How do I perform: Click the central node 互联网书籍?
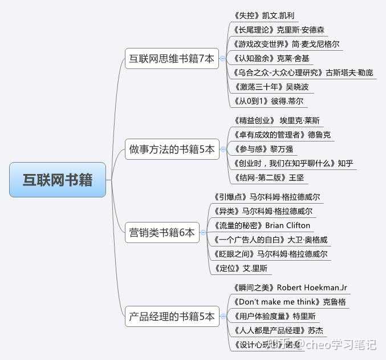pyautogui.click(x=58, y=180)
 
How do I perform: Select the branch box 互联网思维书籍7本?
pyautogui.click(x=172, y=59)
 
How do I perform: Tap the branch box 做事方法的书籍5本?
pyautogui.click(x=172, y=150)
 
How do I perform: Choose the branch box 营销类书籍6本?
pyautogui.click(x=162, y=232)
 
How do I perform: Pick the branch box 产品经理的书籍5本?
pyautogui.click(x=172, y=316)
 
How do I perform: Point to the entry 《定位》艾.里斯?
pyautogui.click(x=240, y=268)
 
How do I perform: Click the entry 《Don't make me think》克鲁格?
pyautogui.click(x=290, y=301)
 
